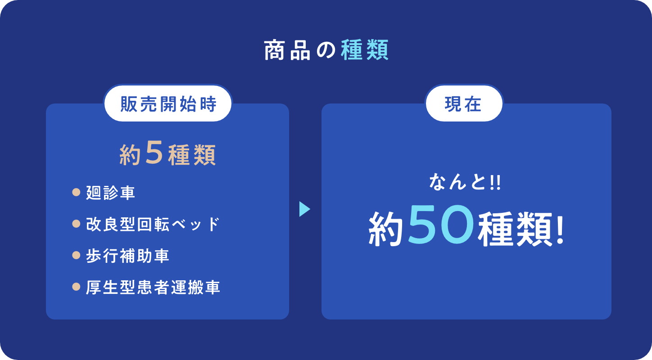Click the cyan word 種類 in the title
click(x=364, y=50)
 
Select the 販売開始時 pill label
click(x=168, y=103)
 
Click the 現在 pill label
click(x=463, y=103)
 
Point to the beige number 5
click(x=154, y=153)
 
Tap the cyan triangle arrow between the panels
click(x=304, y=209)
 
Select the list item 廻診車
click(x=111, y=193)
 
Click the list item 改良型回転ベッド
click(x=153, y=224)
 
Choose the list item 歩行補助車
click(x=127, y=256)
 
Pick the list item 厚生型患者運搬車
click(x=153, y=287)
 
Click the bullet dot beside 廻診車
click(x=76, y=192)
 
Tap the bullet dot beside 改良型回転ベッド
click(x=76, y=224)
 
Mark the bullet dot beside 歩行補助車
click(x=76, y=255)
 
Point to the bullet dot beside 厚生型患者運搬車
click(x=76, y=287)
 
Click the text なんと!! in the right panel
click(x=465, y=182)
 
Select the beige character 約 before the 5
click(x=130, y=155)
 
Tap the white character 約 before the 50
click(x=386, y=229)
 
